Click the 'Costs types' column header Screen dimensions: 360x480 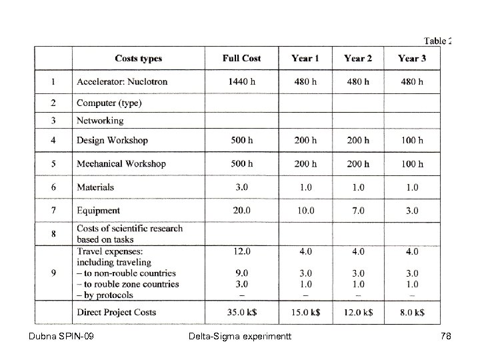[138, 59]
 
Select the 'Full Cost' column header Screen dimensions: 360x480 [241, 59]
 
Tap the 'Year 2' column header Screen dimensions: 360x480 [358, 59]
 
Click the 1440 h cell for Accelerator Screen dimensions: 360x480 [241, 82]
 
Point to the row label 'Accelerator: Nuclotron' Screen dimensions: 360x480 [122, 82]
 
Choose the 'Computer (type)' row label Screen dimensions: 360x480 [109, 103]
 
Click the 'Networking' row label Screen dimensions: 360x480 [100, 121]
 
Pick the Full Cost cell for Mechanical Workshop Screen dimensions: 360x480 [241, 163]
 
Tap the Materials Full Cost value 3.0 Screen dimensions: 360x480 [241, 187]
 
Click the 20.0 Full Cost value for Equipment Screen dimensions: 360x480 [241, 211]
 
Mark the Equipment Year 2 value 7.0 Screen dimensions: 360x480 [358, 211]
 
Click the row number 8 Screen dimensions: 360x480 [53, 233]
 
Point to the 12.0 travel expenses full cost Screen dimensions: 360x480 [241, 252]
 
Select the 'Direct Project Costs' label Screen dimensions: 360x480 [116, 312]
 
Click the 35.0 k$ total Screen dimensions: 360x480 [241, 312]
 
